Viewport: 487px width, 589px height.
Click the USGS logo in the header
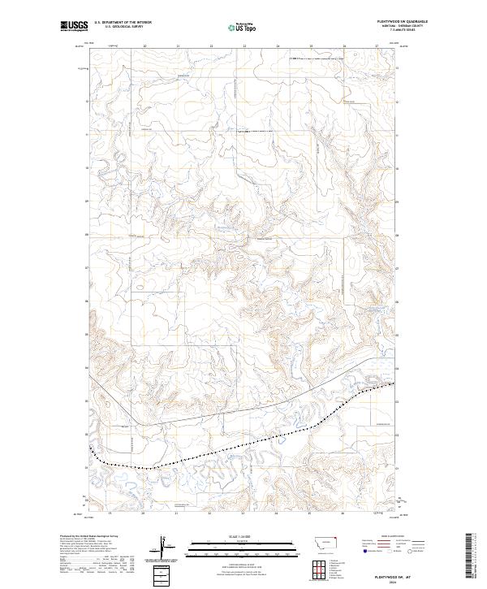click(x=74, y=26)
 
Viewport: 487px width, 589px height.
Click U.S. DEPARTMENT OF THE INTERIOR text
click(x=123, y=23)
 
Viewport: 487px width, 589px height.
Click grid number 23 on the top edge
click(x=243, y=46)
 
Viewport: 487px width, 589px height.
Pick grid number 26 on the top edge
click(x=344, y=46)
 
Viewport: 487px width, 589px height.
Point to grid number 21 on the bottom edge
click(x=176, y=513)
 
